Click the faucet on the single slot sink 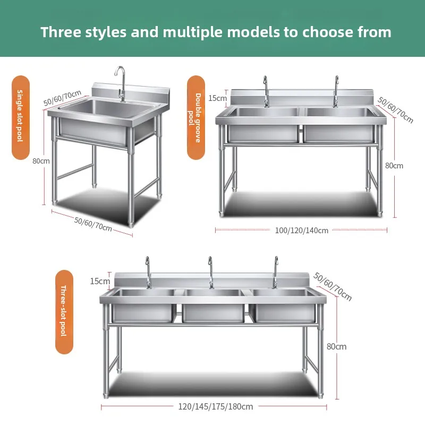121,85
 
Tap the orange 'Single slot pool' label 21,117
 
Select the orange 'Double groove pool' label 195,117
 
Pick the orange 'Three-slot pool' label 64,312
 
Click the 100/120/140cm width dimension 302,230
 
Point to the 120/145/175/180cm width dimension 215,406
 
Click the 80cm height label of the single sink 40,161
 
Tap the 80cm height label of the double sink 394,165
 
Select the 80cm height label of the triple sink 336,346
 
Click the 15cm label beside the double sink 217,98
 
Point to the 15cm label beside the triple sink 100,281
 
